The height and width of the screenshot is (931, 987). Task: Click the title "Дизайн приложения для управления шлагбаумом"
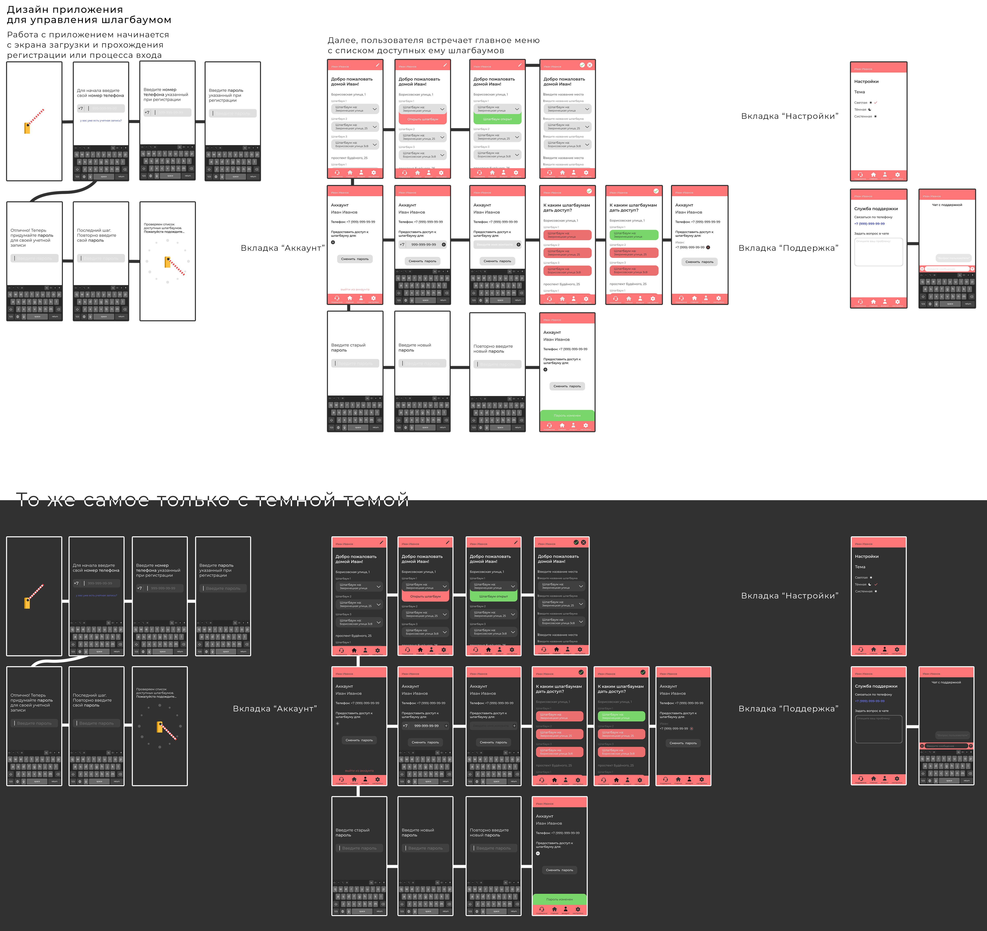[89, 15]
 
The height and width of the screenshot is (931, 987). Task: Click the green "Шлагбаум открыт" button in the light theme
[497, 119]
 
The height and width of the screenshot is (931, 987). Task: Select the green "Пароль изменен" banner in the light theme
[567, 415]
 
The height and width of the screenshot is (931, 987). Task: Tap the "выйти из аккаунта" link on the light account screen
[355, 289]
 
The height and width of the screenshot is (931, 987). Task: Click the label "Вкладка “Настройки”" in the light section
[789, 116]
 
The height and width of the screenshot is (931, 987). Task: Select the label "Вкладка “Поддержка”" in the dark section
[788, 708]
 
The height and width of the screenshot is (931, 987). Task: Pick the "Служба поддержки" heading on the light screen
[876, 209]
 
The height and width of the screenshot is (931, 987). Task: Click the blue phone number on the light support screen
[869, 223]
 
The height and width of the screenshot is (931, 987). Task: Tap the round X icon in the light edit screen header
[590, 65]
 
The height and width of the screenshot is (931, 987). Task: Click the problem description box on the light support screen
[878, 252]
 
